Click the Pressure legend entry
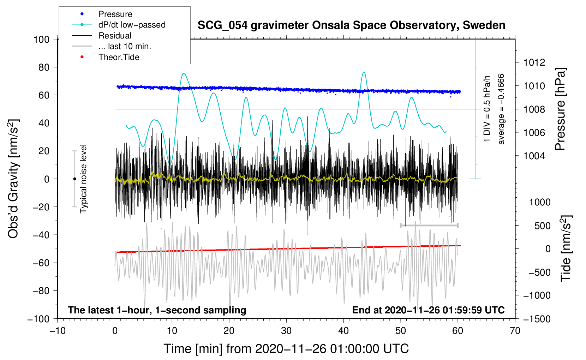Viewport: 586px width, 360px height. (x=102, y=14)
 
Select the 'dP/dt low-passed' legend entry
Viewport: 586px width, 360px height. (x=119, y=25)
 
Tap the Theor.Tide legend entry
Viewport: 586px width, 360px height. (x=106, y=57)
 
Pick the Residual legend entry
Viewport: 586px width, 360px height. (x=102, y=36)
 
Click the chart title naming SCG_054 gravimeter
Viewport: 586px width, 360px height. (x=351, y=25)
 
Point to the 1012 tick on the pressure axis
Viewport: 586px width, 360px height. (x=534, y=62)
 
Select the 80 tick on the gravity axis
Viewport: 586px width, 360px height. (x=44, y=67)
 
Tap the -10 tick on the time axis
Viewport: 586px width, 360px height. (x=58, y=331)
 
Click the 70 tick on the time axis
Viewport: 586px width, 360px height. (x=515, y=331)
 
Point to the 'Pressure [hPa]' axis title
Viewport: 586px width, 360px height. (x=561, y=109)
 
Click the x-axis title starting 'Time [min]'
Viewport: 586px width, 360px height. (x=286, y=349)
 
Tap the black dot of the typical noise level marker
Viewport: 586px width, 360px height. (x=74, y=179)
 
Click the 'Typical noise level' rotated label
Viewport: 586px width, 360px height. (x=83, y=179)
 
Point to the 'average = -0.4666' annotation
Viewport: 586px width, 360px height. (x=501, y=109)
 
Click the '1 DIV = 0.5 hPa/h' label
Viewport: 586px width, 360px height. (x=486, y=109)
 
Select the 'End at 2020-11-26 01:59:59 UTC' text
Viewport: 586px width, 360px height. (x=428, y=310)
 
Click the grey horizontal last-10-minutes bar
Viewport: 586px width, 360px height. (x=429, y=225)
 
